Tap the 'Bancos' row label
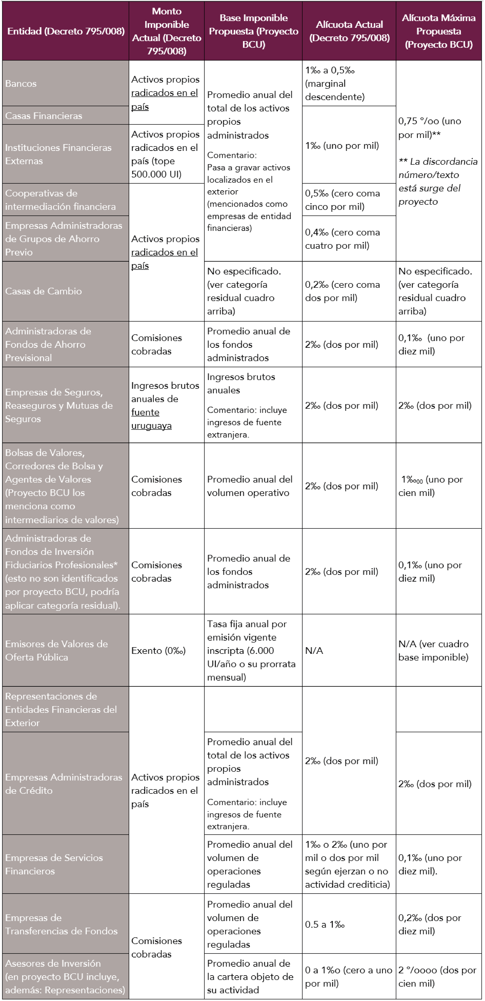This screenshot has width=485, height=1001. pyautogui.click(x=21, y=84)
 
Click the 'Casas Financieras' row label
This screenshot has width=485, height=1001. pyautogui.click(x=44, y=116)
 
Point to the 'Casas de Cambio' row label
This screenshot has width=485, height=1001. pyautogui.click(x=44, y=291)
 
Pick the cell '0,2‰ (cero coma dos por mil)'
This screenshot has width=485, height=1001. pyautogui.click(x=342, y=291)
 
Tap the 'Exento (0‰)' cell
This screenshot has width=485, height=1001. pyautogui.click(x=158, y=651)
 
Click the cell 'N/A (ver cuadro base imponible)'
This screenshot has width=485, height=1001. pyautogui.click(x=433, y=651)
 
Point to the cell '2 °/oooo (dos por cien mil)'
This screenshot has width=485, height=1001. pyautogui.click(x=437, y=977)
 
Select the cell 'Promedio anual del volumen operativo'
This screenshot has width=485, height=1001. pyautogui.click(x=250, y=486)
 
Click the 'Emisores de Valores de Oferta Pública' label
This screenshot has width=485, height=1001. pyautogui.click(x=56, y=651)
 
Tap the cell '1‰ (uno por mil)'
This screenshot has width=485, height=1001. pyautogui.click(x=342, y=146)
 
